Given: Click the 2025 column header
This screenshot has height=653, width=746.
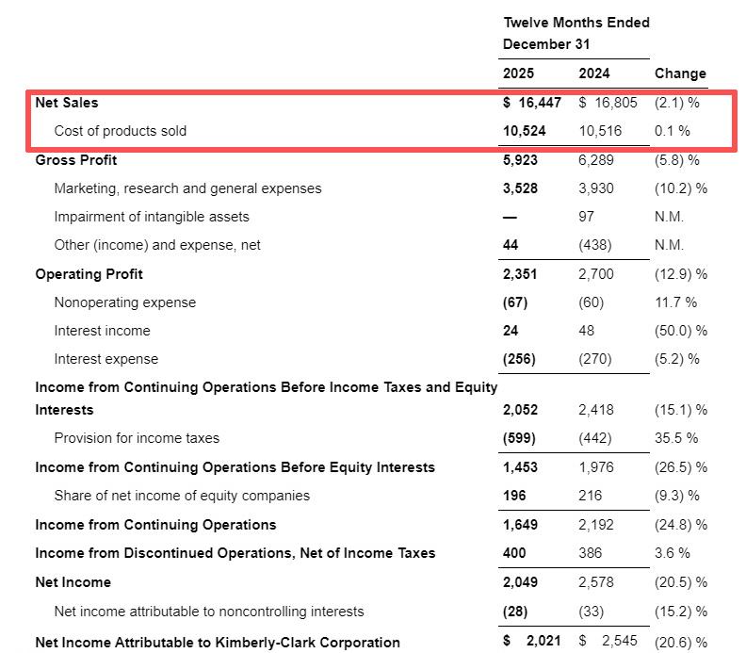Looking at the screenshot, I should point(518,73).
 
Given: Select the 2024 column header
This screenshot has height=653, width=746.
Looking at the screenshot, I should point(593,73).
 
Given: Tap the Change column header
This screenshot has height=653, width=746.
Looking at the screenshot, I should point(680,73).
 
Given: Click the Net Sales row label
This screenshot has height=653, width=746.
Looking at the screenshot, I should point(66,103).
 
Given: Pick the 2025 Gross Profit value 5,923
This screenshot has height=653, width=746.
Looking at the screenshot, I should point(521,160).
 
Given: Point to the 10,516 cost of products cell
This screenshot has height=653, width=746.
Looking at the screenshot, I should point(600,131).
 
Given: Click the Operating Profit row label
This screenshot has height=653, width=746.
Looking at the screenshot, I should point(89,274).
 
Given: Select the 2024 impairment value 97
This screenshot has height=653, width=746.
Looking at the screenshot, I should point(586,217).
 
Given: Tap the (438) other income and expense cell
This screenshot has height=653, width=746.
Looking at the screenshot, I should point(594,245).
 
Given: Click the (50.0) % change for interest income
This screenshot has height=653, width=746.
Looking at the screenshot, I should point(680,331).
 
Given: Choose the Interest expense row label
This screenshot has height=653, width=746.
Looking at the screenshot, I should point(105,359).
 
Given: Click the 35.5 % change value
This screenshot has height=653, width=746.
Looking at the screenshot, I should point(676,438).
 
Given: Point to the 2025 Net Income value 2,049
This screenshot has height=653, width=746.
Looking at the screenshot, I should point(521,582).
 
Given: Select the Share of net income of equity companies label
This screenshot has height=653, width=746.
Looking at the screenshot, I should point(182,496).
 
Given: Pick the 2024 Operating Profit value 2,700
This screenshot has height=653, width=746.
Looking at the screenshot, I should point(595,274).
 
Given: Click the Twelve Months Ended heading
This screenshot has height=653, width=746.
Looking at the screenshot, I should point(576,23).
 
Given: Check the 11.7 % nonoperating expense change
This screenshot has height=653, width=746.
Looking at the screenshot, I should point(675,302).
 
